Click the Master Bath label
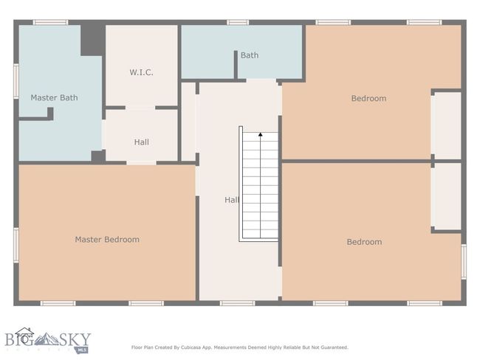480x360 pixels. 54,97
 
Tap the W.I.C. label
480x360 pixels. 141,72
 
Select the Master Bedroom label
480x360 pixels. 107,239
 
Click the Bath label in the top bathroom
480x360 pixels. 250,55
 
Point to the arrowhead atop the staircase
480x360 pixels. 261,134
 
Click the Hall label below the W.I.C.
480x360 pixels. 142,142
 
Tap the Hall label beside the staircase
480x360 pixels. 232,200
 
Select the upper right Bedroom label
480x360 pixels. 368,99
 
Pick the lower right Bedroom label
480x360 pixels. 364,242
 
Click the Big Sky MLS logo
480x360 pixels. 48,340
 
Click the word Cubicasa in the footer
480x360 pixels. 190,347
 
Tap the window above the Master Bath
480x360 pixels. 50,22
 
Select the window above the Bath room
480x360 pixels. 238,22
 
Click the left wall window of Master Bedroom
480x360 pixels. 16,245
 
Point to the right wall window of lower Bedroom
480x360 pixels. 464,261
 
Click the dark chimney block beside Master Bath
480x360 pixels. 93,41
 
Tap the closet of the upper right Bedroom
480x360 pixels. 446,125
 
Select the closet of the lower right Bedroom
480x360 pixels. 446,196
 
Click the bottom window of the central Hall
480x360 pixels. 237,303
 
